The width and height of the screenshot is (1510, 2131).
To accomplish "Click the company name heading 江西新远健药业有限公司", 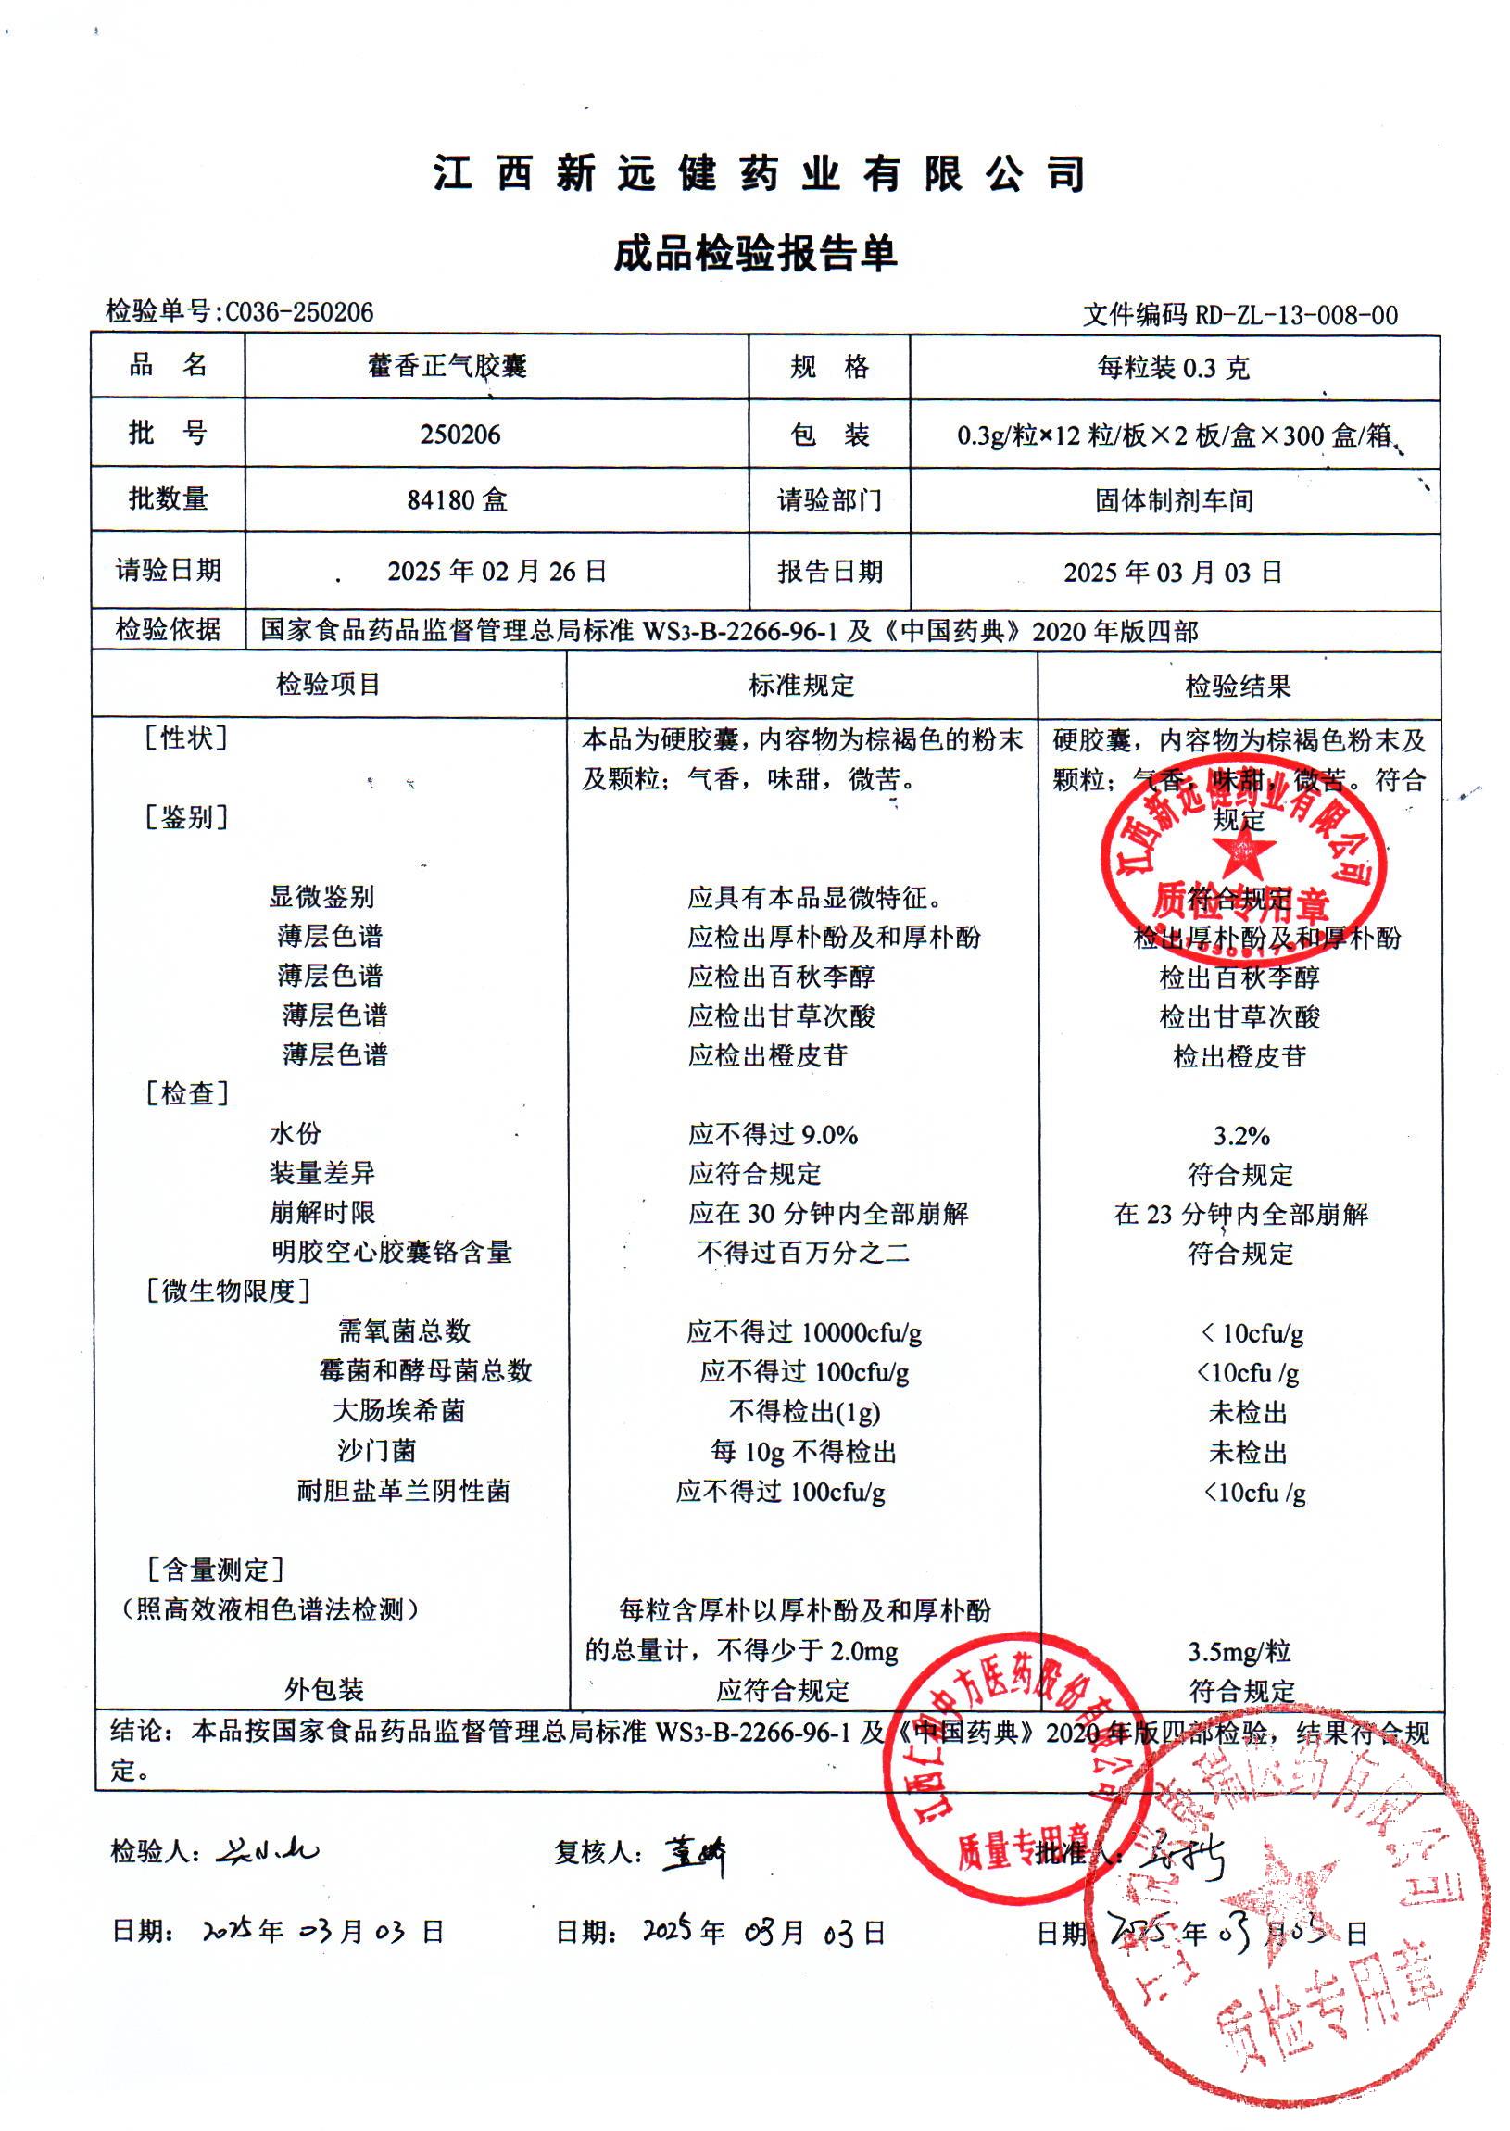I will (x=759, y=174).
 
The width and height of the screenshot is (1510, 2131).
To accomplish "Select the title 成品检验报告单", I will (x=755, y=254).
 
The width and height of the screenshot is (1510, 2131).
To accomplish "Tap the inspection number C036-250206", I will (x=299, y=312).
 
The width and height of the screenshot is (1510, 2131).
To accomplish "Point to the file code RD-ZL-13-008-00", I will (x=1295, y=316).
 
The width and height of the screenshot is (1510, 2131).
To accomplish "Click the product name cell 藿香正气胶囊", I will (x=447, y=366).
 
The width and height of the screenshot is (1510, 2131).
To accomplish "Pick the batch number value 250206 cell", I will (x=460, y=435).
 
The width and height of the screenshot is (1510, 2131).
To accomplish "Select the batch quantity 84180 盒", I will (x=458, y=501).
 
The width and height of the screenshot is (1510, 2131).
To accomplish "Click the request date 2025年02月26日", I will (x=497, y=571).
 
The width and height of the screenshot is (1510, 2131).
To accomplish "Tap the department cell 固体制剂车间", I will (x=1175, y=501).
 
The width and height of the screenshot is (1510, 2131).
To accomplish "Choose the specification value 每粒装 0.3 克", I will (x=1174, y=368).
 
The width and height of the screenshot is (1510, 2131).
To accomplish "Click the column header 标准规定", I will (x=801, y=686).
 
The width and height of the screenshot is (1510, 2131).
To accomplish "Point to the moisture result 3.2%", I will (x=1241, y=1136).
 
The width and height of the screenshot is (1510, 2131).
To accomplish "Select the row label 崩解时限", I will (x=321, y=1213).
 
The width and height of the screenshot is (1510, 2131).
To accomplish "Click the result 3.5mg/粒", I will (x=1239, y=1652).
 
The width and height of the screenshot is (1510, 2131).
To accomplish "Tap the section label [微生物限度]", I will (x=229, y=1291).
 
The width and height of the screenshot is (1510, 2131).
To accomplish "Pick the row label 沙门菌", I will (x=376, y=1450).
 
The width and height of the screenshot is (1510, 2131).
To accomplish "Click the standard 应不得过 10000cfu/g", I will (x=804, y=1332).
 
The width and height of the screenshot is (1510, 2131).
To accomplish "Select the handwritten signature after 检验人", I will (x=268, y=1851).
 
